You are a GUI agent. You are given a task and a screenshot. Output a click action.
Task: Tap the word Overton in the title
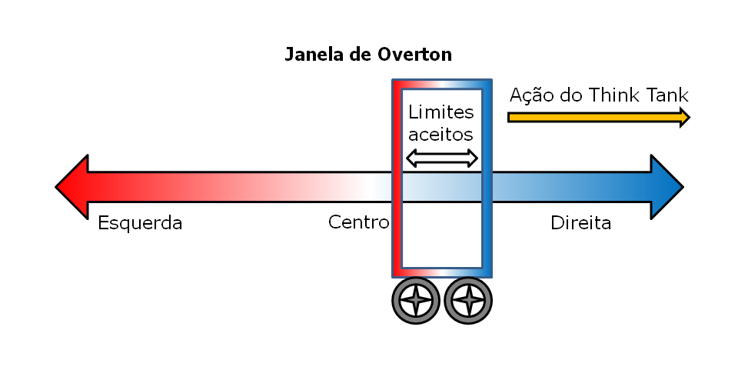414,55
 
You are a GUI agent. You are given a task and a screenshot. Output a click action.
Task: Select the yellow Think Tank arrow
599,117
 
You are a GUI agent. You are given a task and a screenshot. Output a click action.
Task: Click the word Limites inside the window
441,112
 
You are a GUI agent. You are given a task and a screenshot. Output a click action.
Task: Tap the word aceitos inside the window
440,135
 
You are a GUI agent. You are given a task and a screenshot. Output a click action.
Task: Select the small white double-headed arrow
442,158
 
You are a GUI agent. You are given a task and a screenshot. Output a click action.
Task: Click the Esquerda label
140,223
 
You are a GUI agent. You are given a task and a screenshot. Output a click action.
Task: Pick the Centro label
359,222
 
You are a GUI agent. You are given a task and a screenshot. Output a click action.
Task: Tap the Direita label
581,223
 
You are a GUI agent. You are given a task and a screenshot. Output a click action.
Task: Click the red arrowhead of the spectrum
72,187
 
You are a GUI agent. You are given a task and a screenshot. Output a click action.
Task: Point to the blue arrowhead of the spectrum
667,187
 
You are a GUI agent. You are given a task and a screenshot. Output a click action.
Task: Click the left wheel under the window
416,301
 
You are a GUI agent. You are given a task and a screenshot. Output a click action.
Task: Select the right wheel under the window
468,301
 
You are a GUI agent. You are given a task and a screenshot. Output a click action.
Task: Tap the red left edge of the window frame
397,178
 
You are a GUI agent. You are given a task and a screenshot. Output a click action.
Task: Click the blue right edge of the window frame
487,178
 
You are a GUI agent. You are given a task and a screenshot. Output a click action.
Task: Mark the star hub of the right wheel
468,301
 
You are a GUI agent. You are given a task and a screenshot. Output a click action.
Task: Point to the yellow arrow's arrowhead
685,117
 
